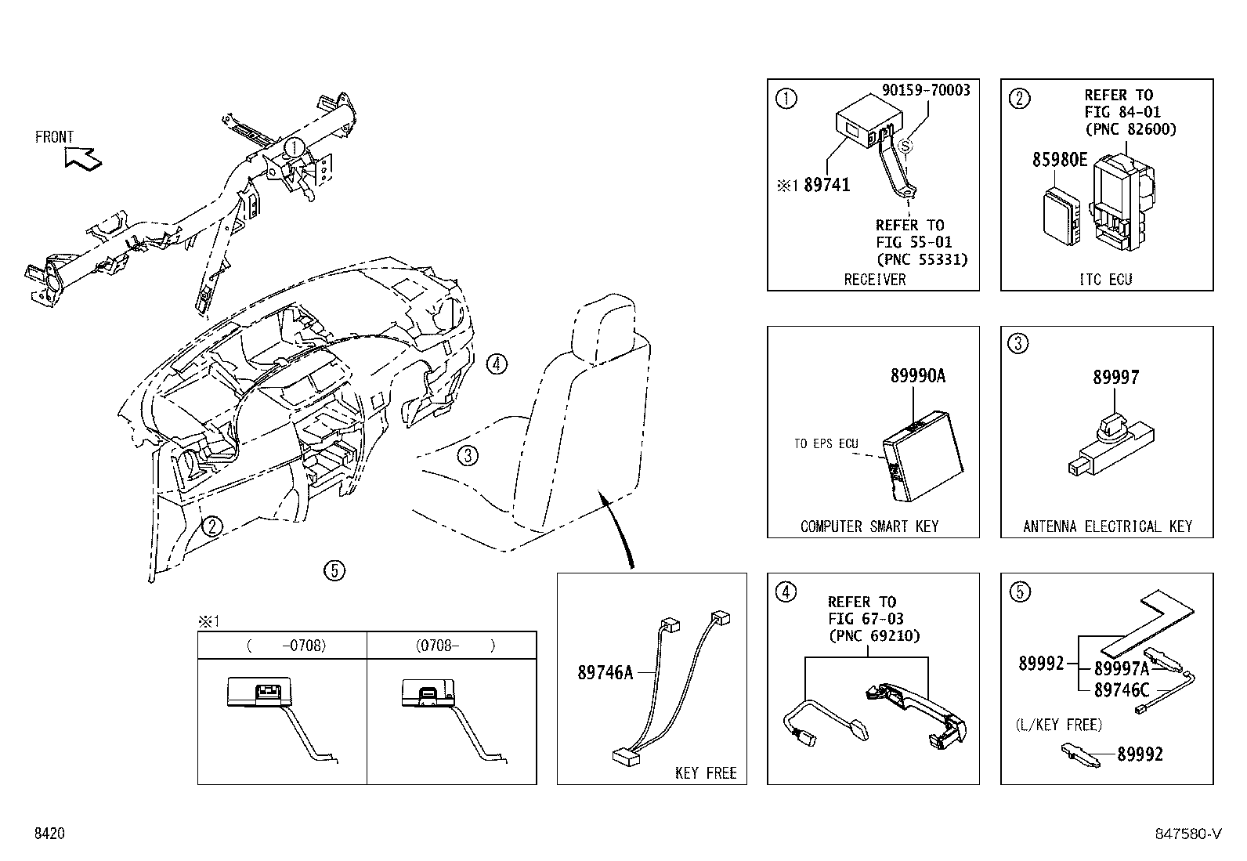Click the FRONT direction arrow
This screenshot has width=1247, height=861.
tap(83, 159)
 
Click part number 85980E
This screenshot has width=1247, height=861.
tap(1060, 160)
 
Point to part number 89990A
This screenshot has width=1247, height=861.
tap(917, 376)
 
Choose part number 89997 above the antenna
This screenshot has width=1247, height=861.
tap(1116, 378)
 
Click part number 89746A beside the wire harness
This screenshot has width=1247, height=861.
tap(605, 672)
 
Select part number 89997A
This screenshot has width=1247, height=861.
tap(1121, 668)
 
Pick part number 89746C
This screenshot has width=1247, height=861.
tap(1121, 689)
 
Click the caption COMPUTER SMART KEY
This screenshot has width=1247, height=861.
tap(869, 526)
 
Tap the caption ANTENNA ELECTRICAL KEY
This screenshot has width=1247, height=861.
tap(1107, 526)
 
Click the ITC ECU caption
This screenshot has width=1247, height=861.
tap(1105, 279)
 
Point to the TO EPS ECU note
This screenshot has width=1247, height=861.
tap(826, 443)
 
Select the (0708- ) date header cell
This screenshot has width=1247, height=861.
tap(452, 646)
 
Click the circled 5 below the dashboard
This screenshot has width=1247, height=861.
tap(334, 570)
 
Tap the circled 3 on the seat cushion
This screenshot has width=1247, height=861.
tap(467, 455)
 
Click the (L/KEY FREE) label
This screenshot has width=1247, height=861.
tap(1059, 725)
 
